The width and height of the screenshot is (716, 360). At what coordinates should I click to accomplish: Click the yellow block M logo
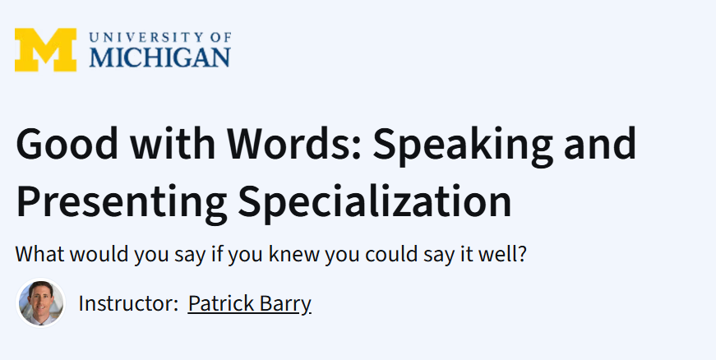(x=45, y=49)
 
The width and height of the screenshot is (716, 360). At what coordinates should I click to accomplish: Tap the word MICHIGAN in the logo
(x=160, y=57)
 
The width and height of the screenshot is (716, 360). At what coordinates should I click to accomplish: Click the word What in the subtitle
(x=38, y=254)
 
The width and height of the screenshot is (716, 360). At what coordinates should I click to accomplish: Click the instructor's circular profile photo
(x=41, y=303)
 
